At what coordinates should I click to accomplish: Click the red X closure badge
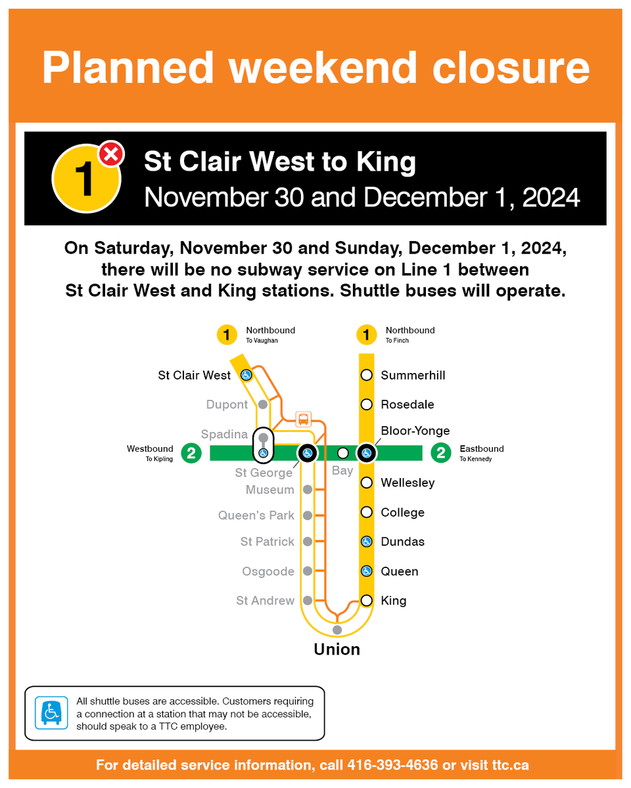pos(111,155)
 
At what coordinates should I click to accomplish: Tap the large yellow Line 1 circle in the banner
pos(86,179)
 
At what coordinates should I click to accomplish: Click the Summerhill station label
pos(413,376)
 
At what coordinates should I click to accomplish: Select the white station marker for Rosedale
pos(367,405)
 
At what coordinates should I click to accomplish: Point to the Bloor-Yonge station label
pos(415,431)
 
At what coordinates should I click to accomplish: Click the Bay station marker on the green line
pos(342,453)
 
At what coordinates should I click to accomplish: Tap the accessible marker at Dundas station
pos(367,542)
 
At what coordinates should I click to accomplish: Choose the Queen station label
pos(400,571)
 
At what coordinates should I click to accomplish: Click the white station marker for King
pos(367,600)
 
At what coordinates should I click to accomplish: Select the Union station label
pos(337,649)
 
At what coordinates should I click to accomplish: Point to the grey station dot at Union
pos(337,630)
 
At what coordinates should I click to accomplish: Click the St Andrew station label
pos(266,601)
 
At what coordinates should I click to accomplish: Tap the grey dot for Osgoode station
pos(307,571)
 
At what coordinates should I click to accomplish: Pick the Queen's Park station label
pos(256,515)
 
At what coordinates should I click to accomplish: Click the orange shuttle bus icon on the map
pos(303,419)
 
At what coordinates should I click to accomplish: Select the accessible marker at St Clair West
pos(245,375)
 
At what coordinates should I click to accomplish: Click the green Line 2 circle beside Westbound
pos(191,453)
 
